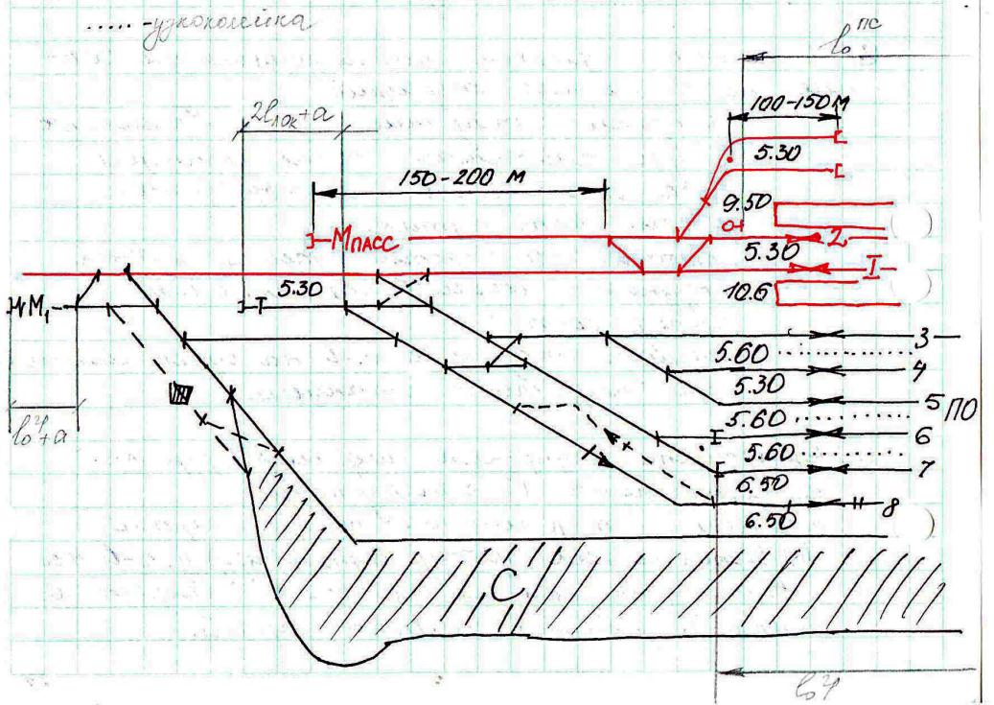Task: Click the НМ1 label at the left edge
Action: click(32, 308)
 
